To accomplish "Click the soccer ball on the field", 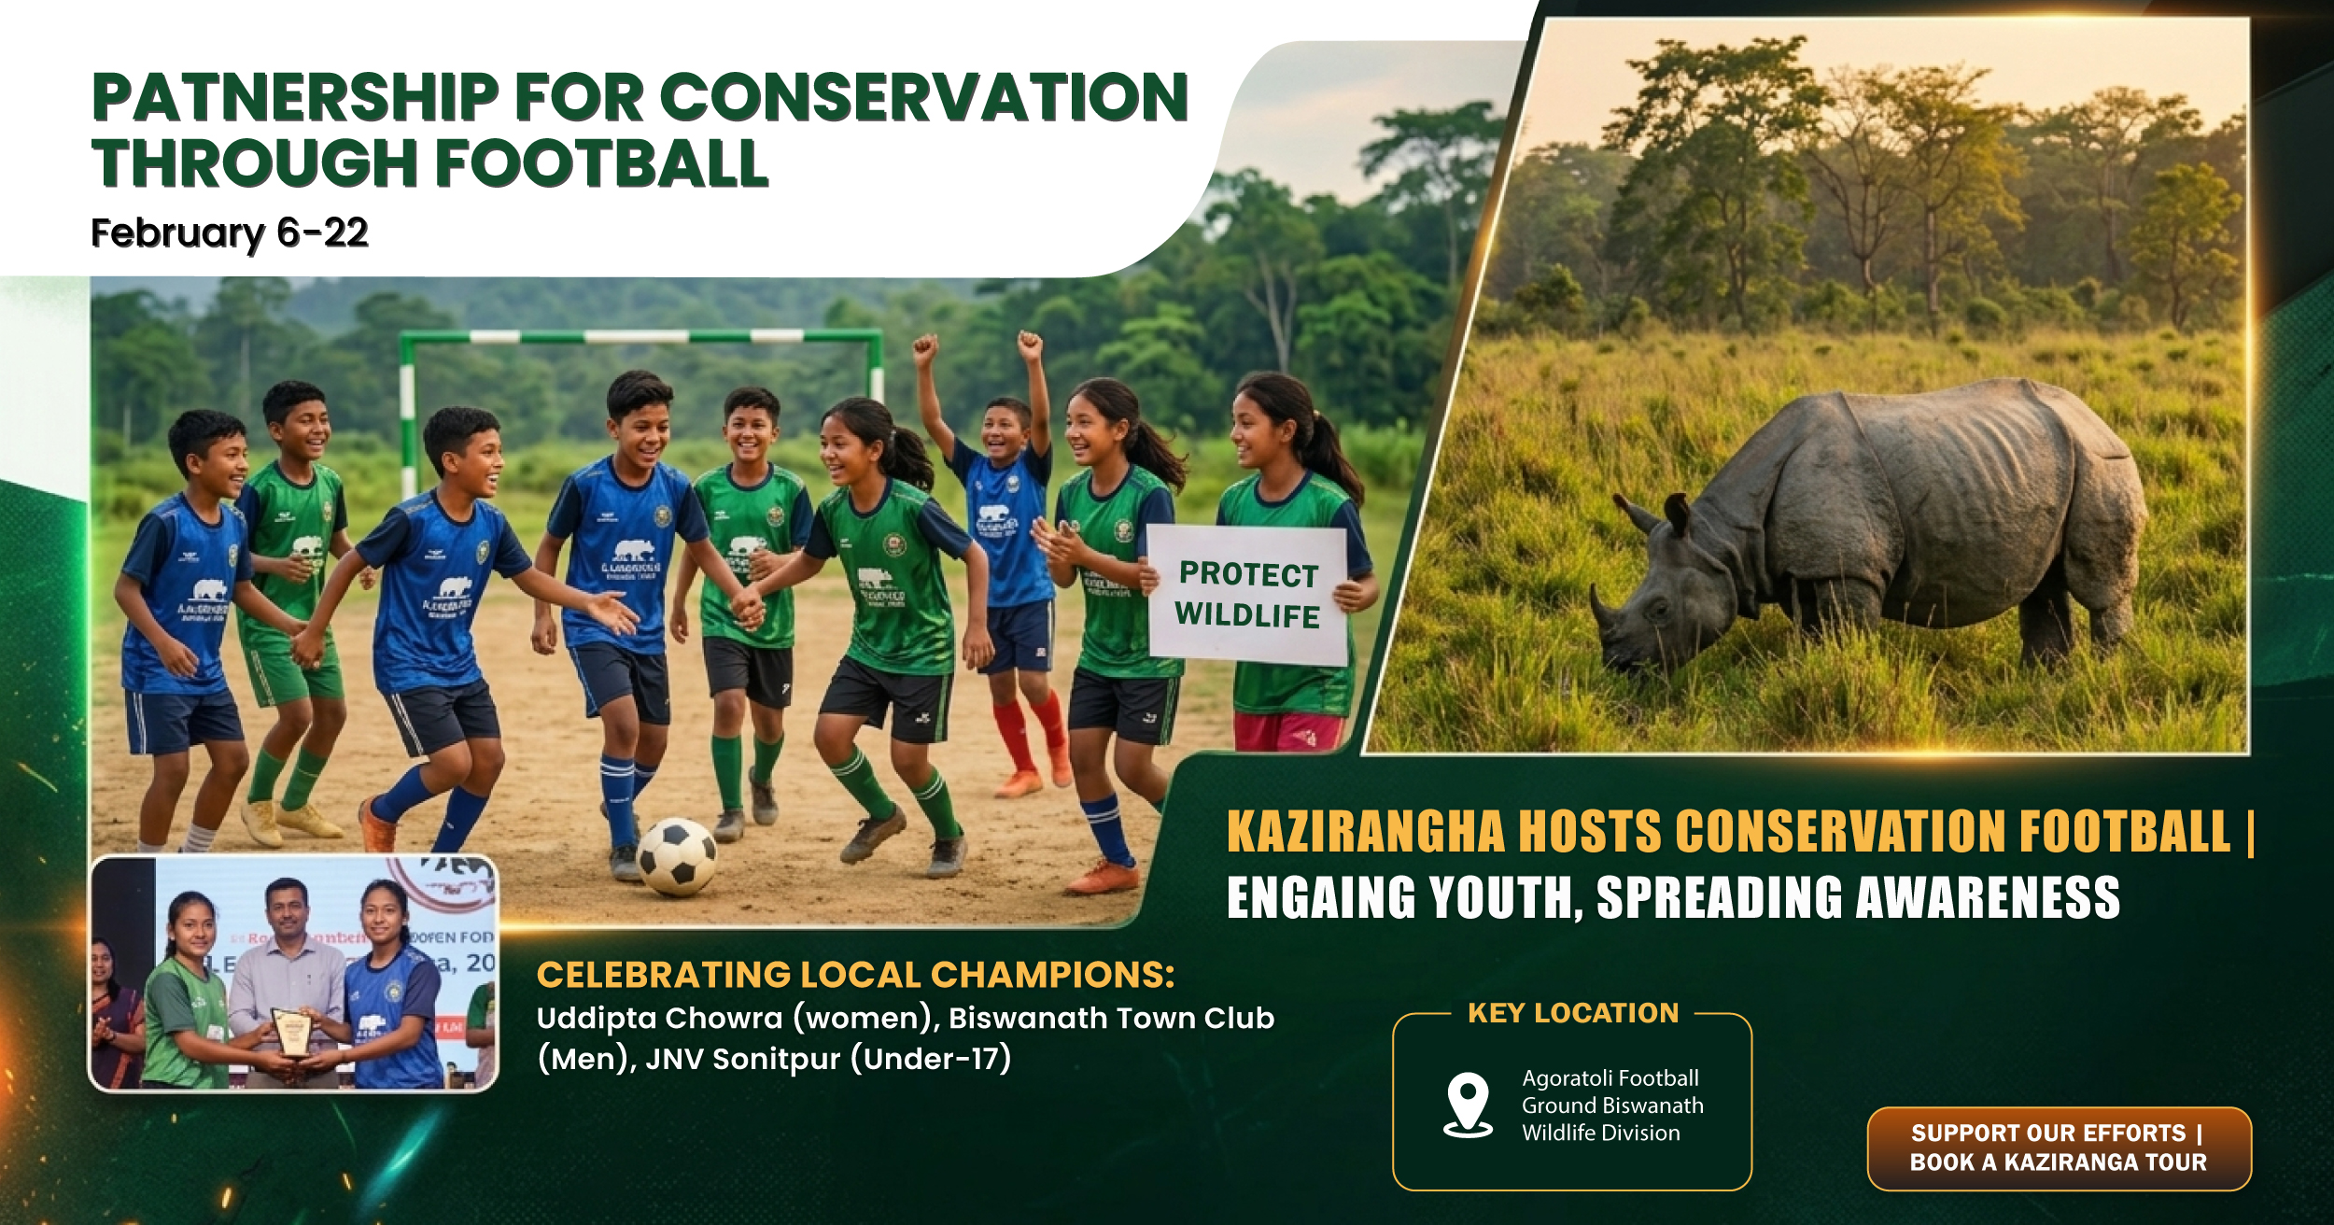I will coord(676,856).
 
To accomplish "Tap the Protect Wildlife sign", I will coord(1247,595).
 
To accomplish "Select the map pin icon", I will coord(1468,1103).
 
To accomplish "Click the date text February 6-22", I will coord(230,232).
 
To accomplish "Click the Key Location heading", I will coord(1573,1013).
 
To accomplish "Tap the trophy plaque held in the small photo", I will coord(291,1032).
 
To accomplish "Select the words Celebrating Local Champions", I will coord(854,975).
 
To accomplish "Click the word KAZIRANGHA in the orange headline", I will coord(1365,832).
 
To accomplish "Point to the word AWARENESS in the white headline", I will coord(1988,898).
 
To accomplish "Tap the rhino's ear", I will coord(1677,514).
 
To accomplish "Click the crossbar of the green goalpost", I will coord(640,336).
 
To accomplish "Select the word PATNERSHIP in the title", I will coord(295,98).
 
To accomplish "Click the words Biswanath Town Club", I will coord(1111,1018).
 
